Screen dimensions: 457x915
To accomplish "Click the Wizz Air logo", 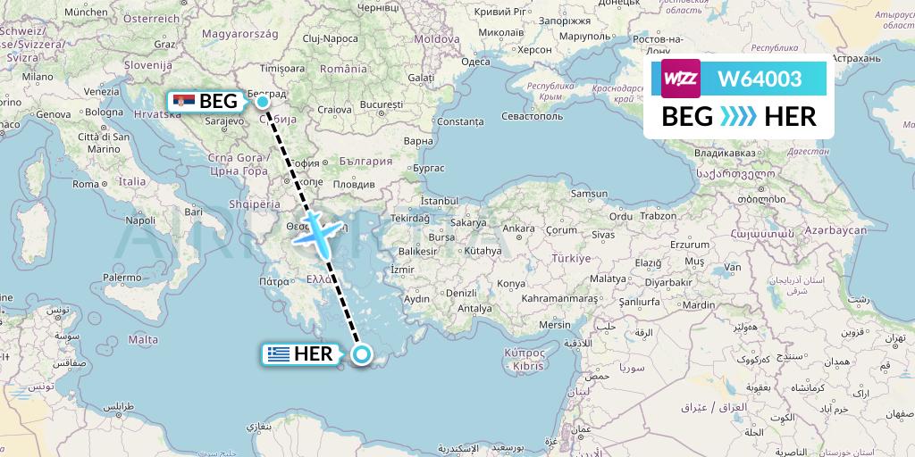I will (680, 78).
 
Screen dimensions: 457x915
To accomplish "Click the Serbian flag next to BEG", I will (184, 101).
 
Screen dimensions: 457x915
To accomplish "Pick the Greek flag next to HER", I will (277, 354).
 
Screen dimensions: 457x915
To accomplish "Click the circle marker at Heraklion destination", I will (363, 354).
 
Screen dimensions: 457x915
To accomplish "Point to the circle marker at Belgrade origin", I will (264, 102).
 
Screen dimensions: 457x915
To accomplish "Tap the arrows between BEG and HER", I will (737, 116).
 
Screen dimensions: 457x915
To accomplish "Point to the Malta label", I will (143, 339).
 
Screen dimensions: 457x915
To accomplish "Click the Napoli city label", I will (140, 220).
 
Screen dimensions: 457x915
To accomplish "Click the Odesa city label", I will (474, 62).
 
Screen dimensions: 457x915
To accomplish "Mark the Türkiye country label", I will (572, 258).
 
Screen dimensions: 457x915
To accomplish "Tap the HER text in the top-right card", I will (790, 116).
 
